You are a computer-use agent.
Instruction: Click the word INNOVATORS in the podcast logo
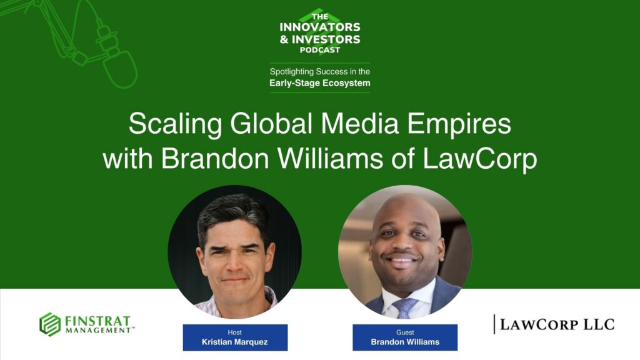320,27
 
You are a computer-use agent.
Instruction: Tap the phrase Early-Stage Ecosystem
319,82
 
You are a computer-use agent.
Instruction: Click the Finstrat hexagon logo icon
50,324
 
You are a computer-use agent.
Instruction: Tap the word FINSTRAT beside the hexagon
99,320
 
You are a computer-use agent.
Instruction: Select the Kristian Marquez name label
235,342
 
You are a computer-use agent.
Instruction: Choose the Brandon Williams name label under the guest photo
404,342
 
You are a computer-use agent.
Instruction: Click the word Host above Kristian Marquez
235,332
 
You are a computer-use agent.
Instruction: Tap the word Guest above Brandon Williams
404,332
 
